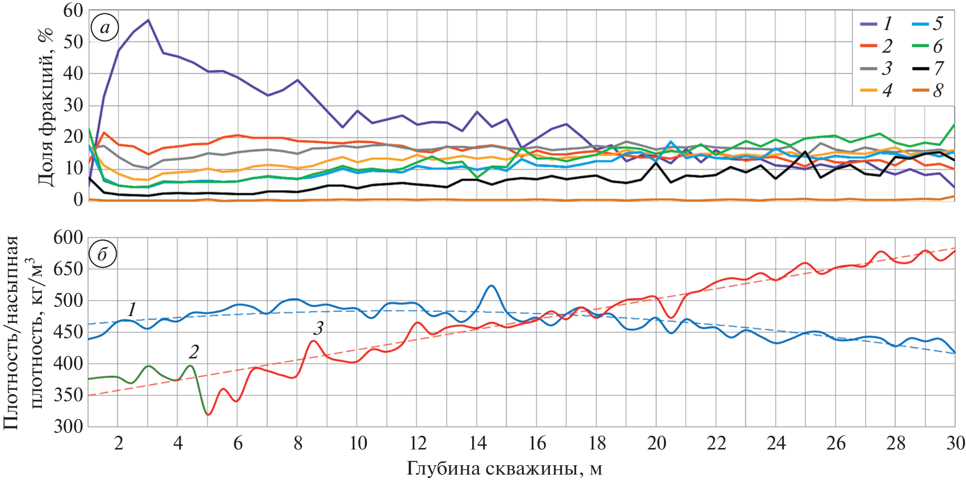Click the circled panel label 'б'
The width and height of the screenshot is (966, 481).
click(x=102, y=255)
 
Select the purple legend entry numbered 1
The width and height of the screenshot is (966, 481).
click(x=876, y=24)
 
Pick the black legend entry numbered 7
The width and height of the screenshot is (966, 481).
click(x=927, y=68)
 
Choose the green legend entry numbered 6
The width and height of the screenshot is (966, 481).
click(x=927, y=46)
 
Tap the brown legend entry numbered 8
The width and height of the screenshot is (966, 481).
click(x=927, y=91)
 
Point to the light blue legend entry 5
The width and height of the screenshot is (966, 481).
click(x=927, y=24)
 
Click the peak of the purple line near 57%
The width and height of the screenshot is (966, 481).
click(x=148, y=20)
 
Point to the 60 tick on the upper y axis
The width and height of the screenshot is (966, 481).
click(x=73, y=11)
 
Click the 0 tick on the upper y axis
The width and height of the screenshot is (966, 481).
click(x=78, y=200)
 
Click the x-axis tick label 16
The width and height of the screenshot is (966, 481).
click(x=537, y=444)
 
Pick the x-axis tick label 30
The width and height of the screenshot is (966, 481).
click(x=955, y=444)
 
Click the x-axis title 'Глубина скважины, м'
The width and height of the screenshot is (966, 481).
click(x=504, y=469)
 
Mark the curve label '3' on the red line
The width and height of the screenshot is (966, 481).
click(x=319, y=328)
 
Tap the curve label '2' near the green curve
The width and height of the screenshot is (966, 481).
click(x=194, y=352)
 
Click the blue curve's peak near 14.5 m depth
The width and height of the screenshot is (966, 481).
click(x=491, y=286)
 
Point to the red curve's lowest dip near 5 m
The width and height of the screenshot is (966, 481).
click(x=208, y=415)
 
